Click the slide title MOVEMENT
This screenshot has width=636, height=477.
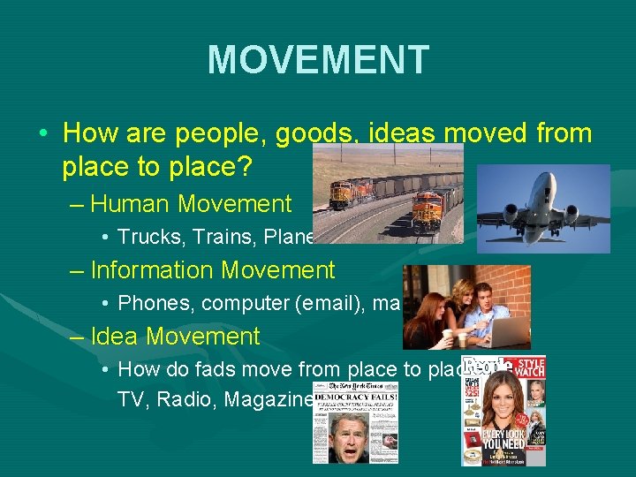click(x=318, y=60)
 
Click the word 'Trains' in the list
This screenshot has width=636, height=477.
click(x=214, y=237)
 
